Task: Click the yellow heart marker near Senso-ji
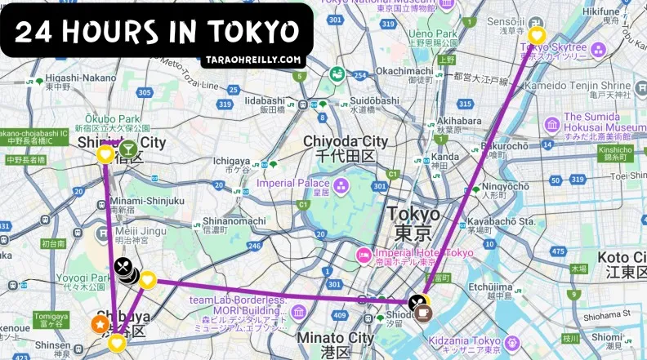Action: click(x=537, y=35)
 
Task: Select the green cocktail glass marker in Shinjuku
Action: click(x=128, y=149)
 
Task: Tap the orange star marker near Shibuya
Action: click(x=98, y=324)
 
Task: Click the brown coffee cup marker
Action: click(x=423, y=313)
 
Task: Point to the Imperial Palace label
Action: click(x=293, y=183)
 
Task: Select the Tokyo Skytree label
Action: click(x=552, y=47)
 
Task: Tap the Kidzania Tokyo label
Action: click(x=463, y=340)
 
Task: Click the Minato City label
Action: click(x=336, y=338)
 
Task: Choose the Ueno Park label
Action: click(x=431, y=33)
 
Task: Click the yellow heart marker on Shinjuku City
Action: click(x=105, y=154)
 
